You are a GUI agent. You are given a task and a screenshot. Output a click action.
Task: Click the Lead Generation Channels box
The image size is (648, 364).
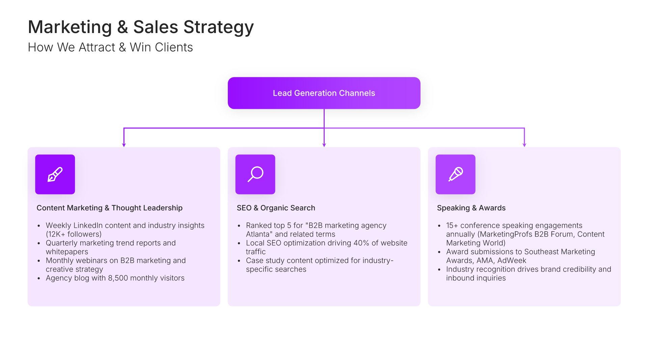[x=324, y=93]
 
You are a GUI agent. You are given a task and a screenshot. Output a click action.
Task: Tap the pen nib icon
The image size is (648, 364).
[x=55, y=174]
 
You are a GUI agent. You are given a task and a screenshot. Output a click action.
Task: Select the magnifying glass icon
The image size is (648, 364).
[x=255, y=174]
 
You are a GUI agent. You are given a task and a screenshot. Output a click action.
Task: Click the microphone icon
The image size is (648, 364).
[x=455, y=174]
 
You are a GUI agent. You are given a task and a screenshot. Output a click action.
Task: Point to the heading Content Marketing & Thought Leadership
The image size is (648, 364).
[x=109, y=208]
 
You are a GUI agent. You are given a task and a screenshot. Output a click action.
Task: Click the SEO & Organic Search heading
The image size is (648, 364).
[x=276, y=208]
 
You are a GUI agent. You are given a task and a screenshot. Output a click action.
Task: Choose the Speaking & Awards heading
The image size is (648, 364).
[x=471, y=208]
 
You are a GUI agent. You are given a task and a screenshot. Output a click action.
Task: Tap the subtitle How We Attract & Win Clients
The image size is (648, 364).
[x=110, y=48]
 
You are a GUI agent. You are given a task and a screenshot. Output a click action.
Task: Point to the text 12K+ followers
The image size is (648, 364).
[x=74, y=234]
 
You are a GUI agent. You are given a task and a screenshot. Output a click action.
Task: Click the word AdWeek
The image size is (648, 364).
[x=512, y=261]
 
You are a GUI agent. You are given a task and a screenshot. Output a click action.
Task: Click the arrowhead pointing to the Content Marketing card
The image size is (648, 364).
[x=124, y=145]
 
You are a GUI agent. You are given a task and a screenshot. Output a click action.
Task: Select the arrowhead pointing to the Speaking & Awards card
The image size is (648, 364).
[x=524, y=145]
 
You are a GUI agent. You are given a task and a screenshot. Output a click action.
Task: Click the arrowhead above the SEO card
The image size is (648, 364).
[x=324, y=145]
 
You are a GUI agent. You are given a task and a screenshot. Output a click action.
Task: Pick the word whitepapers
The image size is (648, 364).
[x=67, y=252]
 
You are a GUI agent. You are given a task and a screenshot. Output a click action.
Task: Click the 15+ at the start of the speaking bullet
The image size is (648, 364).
[x=452, y=225]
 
